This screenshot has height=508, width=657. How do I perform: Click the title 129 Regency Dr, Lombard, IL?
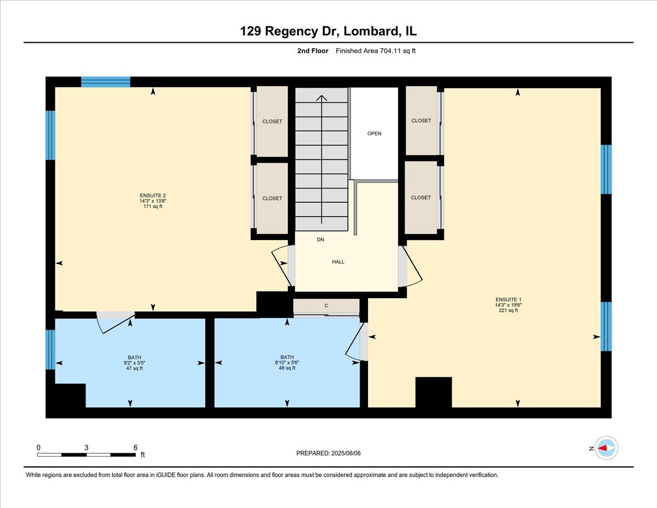pos(328,31)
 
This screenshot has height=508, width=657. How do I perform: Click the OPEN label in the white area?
pos(374,134)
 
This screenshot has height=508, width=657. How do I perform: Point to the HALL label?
pos(338,262)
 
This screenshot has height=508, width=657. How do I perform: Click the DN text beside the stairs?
pos(321,240)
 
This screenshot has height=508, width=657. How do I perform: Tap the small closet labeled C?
pos(326,306)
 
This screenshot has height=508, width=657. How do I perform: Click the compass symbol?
pos(606,448)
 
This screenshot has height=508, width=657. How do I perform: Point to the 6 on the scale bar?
pos(135,447)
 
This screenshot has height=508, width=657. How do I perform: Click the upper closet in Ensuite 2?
pos(272,122)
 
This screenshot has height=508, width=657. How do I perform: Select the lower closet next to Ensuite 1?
pos(421,197)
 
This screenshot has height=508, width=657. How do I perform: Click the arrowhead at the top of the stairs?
pos(322,99)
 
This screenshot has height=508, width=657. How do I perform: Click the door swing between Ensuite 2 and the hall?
pos(281,265)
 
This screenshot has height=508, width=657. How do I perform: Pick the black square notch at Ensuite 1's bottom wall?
pos(434,392)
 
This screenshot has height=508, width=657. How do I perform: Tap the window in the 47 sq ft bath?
pos(50,349)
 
